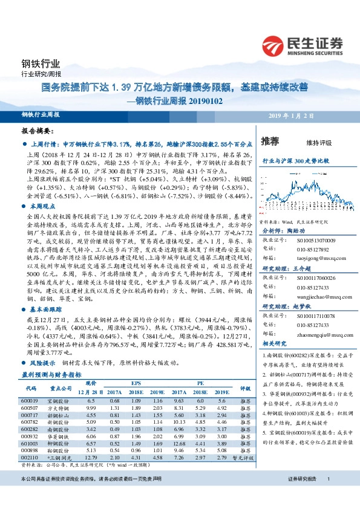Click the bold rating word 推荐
point(270,141)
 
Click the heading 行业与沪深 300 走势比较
point(295,162)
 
